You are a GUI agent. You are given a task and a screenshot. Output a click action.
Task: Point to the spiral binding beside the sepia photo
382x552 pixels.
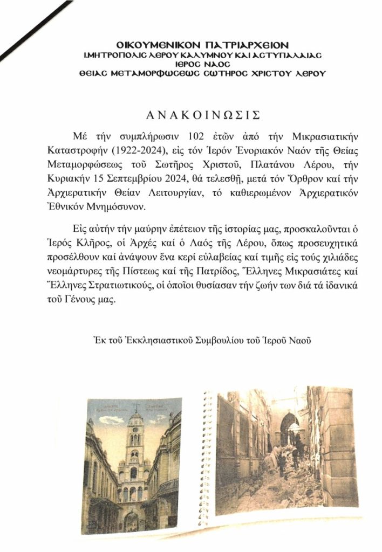tap(207, 458)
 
